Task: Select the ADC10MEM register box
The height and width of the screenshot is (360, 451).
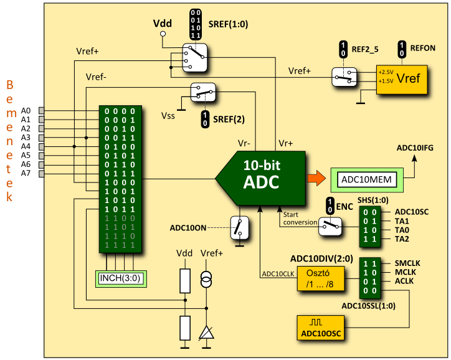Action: point(367,180)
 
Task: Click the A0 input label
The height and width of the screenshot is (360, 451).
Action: point(26,110)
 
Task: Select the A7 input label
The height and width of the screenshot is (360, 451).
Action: point(26,173)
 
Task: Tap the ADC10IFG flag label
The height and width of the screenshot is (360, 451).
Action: point(415,148)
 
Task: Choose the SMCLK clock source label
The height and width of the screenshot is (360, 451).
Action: point(407,263)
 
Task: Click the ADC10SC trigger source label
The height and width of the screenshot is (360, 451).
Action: point(411,212)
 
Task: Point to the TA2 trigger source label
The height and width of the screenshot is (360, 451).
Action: point(402,239)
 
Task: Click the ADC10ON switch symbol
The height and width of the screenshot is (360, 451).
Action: point(238,227)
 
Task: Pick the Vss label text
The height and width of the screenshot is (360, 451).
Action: point(168,116)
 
